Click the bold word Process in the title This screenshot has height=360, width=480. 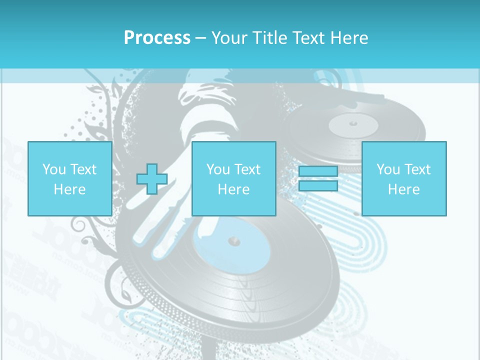[x=157, y=38]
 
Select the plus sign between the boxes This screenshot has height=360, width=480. [x=152, y=179]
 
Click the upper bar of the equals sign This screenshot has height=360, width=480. [x=318, y=171]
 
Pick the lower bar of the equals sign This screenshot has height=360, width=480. [x=318, y=186]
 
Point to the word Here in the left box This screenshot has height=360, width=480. [x=69, y=189]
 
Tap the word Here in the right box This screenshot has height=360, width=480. [x=404, y=189]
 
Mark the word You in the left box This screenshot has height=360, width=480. [x=54, y=169]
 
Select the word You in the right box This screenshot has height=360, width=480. [x=388, y=169]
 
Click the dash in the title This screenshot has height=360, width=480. [x=201, y=38]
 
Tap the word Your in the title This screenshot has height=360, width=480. [x=230, y=38]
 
